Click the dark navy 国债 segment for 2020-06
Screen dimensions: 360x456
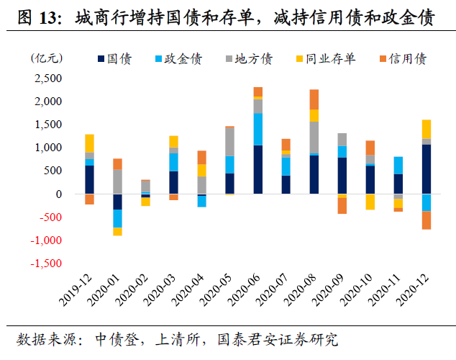pos(257,169)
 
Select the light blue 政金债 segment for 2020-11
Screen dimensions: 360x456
pos(398,165)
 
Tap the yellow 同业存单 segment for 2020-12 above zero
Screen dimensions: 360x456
pos(426,129)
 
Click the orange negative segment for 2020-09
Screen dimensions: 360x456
pos(342,205)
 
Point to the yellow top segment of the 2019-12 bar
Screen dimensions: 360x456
pos(89,143)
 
